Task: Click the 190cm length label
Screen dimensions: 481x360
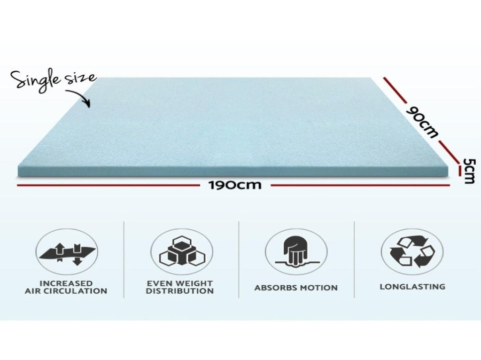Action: [x=235, y=185]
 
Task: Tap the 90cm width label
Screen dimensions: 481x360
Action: [x=422, y=122]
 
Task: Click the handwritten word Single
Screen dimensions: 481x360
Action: [x=36, y=80]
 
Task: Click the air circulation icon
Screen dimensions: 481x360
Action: [x=67, y=251]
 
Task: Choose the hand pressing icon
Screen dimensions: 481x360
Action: [x=296, y=251]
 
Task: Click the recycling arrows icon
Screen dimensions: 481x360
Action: [x=412, y=251]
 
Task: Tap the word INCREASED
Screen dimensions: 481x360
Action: [x=66, y=283]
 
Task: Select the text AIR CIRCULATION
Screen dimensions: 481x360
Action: [x=66, y=291]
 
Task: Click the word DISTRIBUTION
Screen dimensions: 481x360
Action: [x=180, y=291]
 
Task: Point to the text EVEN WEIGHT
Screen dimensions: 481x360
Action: [x=180, y=283]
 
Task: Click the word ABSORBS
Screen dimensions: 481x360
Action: [x=276, y=288]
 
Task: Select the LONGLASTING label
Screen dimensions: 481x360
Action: [x=412, y=287]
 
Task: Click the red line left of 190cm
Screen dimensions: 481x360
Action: [x=108, y=185]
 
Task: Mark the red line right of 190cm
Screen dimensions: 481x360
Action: [x=360, y=185]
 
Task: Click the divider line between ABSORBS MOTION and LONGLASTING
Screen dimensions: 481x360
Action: [x=354, y=259]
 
